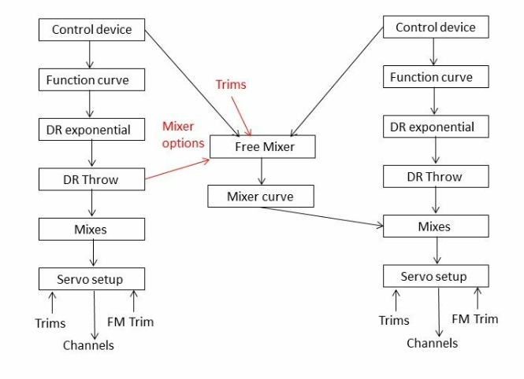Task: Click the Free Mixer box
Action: (x=262, y=147)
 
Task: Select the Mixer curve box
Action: (x=260, y=196)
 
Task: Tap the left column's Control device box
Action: (x=91, y=31)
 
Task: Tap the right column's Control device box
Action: (x=435, y=28)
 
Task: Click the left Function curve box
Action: (x=91, y=80)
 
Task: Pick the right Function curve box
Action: (x=435, y=77)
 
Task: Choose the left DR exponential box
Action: (x=91, y=130)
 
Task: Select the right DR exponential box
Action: (x=435, y=127)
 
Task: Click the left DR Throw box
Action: (x=91, y=179)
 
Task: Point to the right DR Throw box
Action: (x=435, y=177)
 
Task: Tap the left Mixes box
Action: (x=91, y=229)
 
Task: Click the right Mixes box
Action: (x=435, y=226)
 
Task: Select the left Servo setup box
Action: (x=91, y=278)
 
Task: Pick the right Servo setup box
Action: (x=435, y=276)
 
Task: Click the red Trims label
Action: (x=231, y=84)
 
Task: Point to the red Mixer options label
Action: (x=183, y=134)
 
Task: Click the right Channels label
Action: (x=432, y=343)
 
